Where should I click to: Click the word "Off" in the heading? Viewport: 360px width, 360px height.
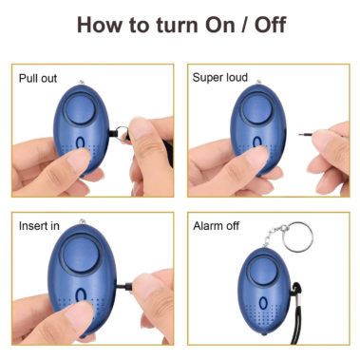pos(270,25)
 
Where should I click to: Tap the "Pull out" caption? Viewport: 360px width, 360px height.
pos(38,78)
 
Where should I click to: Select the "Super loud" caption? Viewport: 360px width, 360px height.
pos(219,78)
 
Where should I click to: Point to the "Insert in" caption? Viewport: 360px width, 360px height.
pos(39,226)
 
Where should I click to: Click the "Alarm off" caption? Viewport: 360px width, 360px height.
pos(217,226)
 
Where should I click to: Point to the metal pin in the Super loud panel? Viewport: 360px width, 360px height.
pos(306,135)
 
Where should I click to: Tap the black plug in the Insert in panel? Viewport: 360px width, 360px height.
pos(124,286)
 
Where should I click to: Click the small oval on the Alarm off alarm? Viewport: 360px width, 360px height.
pos(262,303)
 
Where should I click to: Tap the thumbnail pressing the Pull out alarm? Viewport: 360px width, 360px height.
pos(77,160)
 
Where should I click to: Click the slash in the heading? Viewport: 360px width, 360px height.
pos(245,25)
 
